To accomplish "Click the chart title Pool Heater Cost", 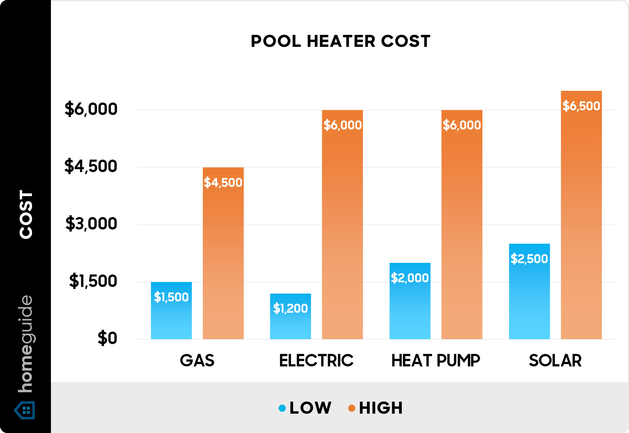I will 340,41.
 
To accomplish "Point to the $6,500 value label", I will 581,106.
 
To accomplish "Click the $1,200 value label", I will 290,308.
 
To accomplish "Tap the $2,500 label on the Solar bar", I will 529,259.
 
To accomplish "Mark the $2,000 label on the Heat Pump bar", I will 409,278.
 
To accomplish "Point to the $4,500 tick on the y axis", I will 91,166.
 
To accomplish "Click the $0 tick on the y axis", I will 107,338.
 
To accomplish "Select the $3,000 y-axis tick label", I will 91,224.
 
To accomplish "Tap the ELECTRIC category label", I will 316,361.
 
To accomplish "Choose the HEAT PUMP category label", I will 436,361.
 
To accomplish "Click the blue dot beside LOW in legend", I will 282,408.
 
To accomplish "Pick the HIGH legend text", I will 381,408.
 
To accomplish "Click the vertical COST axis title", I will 26,214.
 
